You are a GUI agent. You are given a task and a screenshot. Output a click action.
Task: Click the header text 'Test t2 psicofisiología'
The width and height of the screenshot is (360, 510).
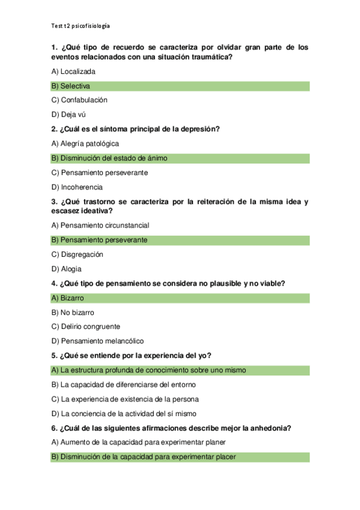click(x=81, y=26)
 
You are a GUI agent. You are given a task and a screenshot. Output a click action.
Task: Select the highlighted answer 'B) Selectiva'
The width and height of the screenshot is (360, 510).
click(x=71, y=86)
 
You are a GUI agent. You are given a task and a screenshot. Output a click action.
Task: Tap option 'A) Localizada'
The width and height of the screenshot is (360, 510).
click(x=73, y=72)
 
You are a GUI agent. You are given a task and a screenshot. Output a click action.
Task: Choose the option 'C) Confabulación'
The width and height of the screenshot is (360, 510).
click(x=79, y=100)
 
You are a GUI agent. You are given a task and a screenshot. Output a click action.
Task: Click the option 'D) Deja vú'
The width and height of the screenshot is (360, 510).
click(x=69, y=115)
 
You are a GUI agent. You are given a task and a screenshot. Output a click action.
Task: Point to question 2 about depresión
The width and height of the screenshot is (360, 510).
click(x=135, y=129)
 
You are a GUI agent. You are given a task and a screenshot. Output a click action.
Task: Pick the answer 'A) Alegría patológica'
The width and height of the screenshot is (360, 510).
click(x=85, y=144)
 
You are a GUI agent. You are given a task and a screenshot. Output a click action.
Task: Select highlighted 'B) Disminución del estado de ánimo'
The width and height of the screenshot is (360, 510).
click(x=109, y=158)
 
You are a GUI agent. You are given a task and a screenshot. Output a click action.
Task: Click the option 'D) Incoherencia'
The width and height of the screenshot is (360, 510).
click(x=77, y=187)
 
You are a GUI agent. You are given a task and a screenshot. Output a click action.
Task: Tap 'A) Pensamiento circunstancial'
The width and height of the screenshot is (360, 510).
click(x=100, y=226)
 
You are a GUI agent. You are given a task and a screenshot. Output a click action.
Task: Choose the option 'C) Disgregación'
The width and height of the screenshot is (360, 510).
click(x=78, y=254)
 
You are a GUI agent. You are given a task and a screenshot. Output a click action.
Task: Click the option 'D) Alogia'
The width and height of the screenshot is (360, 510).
click(x=67, y=269)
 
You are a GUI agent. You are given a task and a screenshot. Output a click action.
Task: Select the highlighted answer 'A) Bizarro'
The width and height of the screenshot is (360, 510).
click(x=68, y=298)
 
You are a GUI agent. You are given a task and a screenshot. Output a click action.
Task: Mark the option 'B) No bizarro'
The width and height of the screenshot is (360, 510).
click(x=73, y=312)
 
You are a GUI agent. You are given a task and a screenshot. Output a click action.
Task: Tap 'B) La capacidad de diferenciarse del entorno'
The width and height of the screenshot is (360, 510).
click(x=124, y=384)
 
